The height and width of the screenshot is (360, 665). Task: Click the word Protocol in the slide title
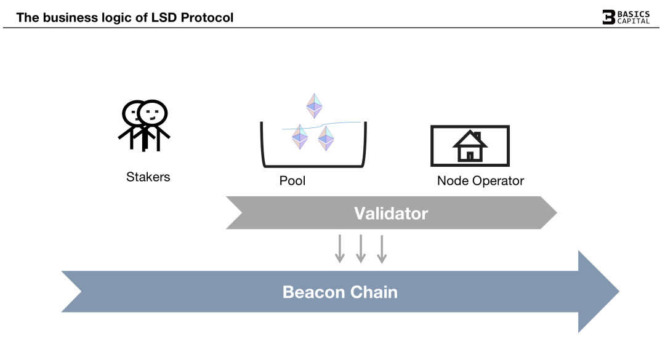point(207,18)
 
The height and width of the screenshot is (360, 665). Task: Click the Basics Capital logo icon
point(608,17)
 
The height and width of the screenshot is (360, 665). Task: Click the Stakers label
point(148,177)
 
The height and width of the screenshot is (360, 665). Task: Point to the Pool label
point(292,182)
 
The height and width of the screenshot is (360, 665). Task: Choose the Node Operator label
point(480,182)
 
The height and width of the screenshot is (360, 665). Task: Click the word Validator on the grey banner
point(391,214)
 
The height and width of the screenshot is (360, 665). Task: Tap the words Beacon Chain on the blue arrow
point(340,292)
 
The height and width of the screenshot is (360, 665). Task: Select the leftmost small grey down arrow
point(340,249)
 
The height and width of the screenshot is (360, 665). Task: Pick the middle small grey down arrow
point(361,249)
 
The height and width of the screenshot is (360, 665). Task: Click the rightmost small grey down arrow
point(382,249)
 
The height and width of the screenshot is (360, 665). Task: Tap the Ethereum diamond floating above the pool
point(315,106)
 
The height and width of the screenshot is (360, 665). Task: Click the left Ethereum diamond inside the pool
point(300,137)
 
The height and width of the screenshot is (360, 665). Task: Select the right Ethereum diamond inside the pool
point(326,138)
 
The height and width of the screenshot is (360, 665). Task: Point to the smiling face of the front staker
point(153,113)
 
